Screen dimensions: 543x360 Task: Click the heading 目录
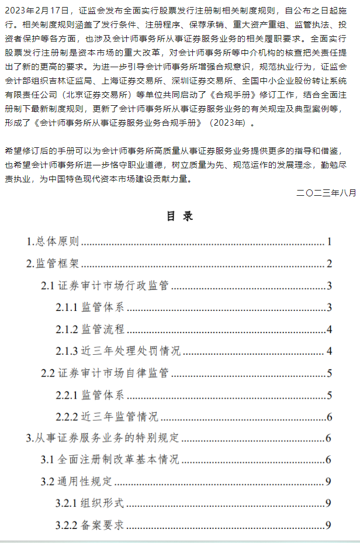pyautogui.click(x=179, y=216)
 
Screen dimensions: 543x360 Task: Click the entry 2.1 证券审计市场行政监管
pyautogui.click(x=105, y=286)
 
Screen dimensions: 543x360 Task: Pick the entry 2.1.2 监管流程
pyautogui.click(x=90, y=329)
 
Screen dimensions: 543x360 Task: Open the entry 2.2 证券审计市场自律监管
pyautogui.click(x=105, y=373)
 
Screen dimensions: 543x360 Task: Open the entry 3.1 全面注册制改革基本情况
pyautogui.click(x=110, y=459)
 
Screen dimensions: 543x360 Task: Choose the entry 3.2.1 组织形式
pyautogui.click(x=90, y=503)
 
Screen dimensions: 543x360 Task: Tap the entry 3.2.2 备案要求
pyautogui.click(x=90, y=525)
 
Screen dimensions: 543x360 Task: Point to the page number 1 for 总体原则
pyautogui.click(x=330, y=241)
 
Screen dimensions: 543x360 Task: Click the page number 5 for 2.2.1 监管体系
pyautogui.click(x=330, y=396)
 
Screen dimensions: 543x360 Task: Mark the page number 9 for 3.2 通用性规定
pyautogui.click(x=330, y=482)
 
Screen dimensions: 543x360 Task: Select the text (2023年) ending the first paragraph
pyautogui.click(x=232, y=123)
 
